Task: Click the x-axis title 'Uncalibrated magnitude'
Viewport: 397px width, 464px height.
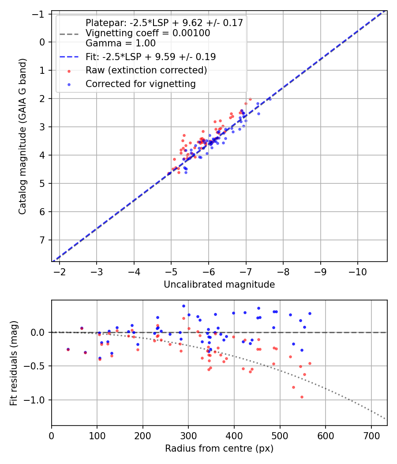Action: click(219, 285)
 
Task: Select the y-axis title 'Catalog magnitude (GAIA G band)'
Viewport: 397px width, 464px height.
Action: click(22, 137)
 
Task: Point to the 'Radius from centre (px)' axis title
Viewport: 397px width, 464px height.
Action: click(219, 449)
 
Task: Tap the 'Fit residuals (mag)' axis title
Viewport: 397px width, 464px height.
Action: click(14, 362)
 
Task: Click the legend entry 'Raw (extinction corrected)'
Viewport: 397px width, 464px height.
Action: click(146, 70)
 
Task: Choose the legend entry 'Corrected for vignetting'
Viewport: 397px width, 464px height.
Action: click(141, 84)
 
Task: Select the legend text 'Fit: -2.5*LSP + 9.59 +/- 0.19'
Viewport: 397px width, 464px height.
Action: click(150, 57)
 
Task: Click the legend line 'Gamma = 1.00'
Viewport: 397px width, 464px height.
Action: click(120, 43)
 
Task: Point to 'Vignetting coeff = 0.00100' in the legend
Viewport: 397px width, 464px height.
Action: click(148, 33)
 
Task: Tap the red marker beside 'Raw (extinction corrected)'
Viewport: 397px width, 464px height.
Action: click(69, 71)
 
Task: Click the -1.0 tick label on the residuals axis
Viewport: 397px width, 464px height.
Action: click(37, 400)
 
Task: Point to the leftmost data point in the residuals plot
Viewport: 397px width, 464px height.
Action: click(68, 349)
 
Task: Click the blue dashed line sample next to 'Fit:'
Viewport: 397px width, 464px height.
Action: click(69, 57)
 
